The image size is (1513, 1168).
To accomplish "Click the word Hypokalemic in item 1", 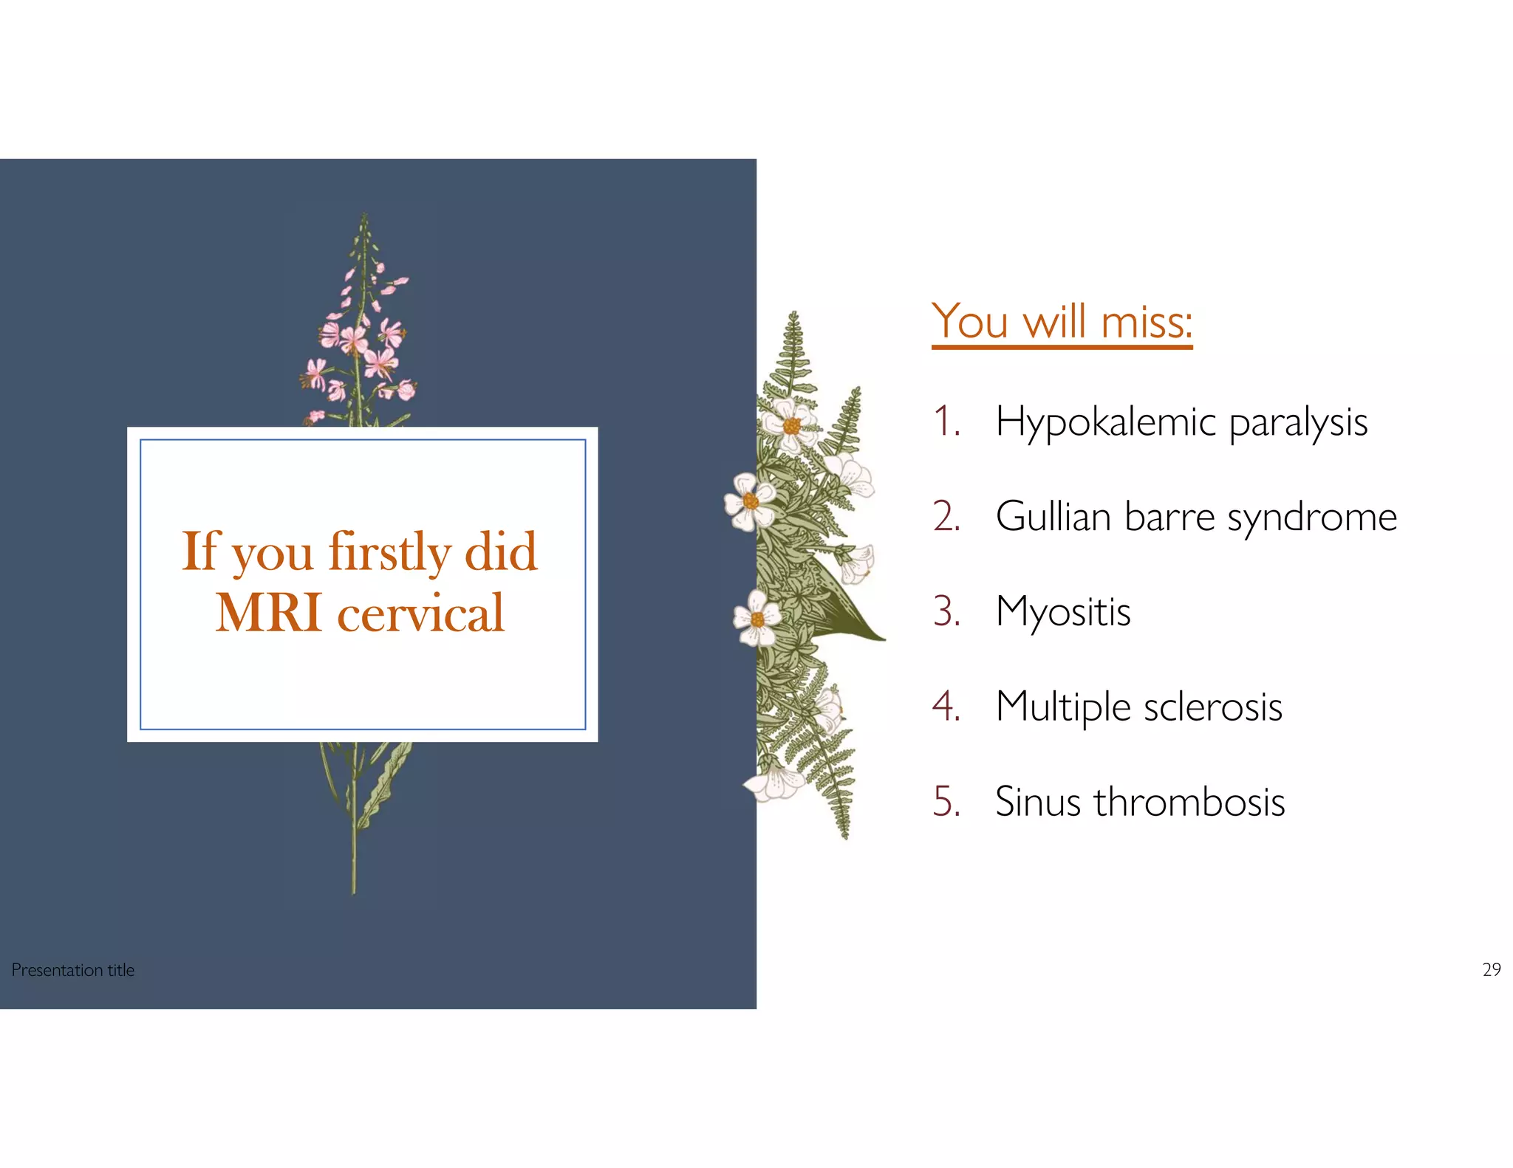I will click(x=1105, y=423).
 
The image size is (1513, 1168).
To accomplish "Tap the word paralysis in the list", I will click(x=1298, y=423).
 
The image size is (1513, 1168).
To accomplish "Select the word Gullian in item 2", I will click(x=1053, y=517).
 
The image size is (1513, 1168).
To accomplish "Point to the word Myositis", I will click(x=1062, y=612).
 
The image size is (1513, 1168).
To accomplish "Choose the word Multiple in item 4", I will click(x=1062, y=707).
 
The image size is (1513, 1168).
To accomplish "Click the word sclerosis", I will click(x=1212, y=707).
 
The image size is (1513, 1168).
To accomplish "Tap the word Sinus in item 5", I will click(x=1037, y=802).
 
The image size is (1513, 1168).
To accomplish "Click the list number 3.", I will click(x=946, y=612).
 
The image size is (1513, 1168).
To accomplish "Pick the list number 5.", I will click(x=946, y=802).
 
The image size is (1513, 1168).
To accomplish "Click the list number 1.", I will click(x=946, y=423).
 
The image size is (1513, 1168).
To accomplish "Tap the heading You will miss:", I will click(x=1062, y=322).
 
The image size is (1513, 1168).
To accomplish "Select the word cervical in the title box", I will click(x=420, y=613).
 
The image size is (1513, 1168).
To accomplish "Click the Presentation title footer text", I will click(x=73, y=970).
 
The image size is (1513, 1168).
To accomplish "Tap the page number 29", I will click(x=1491, y=969).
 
